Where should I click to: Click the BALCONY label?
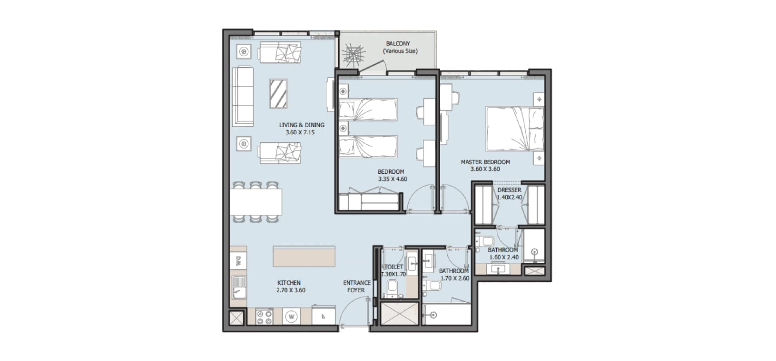pyautogui.click(x=398, y=43)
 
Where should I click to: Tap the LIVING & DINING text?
pyautogui.click(x=302, y=125)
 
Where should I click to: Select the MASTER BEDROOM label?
pyautogui.click(x=485, y=162)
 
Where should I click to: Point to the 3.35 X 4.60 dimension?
pyautogui.click(x=392, y=179)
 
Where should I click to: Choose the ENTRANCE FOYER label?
pyautogui.click(x=356, y=287)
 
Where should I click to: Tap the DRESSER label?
pyautogui.click(x=509, y=190)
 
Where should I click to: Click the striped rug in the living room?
pyautogui.click(x=278, y=94)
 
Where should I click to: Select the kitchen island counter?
pyautogui.click(x=304, y=256)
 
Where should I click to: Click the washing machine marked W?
pyautogui.click(x=291, y=316)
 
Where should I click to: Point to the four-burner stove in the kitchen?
pyautogui.click(x=264, y=316)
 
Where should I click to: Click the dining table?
pyautogui.click(x=255, y=202)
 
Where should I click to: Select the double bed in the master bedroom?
pyautogui.click(x=515, y=128)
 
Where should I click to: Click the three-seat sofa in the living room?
pyautogui.click(x=243, y=96)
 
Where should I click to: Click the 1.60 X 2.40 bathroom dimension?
pyautogui.click(x=504, y=257)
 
